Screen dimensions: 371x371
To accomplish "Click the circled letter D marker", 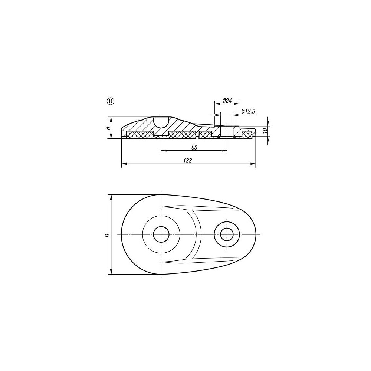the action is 111,101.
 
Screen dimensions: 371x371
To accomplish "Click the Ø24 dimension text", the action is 227,101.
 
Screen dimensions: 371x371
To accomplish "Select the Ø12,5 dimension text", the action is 248,111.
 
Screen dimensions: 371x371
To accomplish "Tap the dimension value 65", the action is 194,147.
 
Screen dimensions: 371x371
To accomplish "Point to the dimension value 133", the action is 187,161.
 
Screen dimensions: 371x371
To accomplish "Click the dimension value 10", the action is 266,130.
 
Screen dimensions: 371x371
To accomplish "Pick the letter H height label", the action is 108,128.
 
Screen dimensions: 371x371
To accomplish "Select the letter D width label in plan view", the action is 108,236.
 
